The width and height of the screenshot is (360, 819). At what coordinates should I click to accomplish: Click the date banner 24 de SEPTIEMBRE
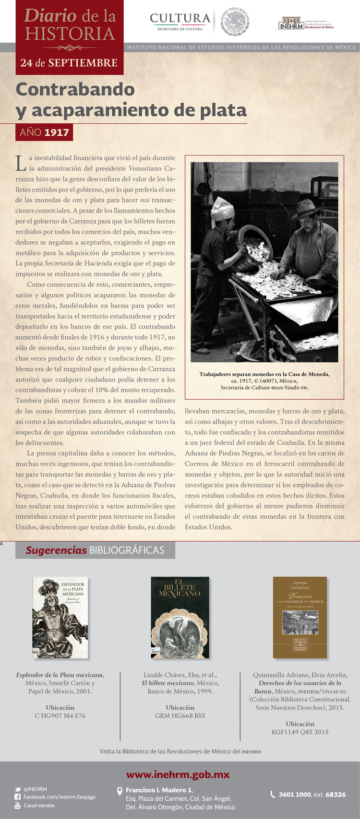[x=69, y=63]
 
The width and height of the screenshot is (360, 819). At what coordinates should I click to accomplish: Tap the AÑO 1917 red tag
[x=44, y=132]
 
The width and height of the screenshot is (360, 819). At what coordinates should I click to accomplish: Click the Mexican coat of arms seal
[x=235, y=21]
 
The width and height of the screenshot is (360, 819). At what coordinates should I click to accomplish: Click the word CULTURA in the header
[x=180, y=19]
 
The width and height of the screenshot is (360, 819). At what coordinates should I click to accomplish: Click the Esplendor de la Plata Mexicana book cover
[x=60, y=617]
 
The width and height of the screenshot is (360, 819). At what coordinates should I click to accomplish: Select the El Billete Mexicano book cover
[x=180, y=617]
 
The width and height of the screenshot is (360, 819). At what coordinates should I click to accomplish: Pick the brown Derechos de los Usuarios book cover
[x=300, y=617]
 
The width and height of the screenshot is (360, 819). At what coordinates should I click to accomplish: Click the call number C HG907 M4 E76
[x=60, y=715]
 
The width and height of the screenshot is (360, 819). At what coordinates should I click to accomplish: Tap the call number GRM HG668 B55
[x=180, y=715]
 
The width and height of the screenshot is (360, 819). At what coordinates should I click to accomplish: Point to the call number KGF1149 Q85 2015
[x=300, y=732]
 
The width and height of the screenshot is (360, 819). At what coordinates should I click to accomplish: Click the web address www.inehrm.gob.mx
[x=178, y=774]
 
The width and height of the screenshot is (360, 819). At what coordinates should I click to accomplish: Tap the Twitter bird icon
[x=17, y=789]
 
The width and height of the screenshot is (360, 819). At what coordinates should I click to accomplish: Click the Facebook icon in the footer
[x=17, y=797]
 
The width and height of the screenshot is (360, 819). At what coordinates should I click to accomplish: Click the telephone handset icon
[x=273, y=794]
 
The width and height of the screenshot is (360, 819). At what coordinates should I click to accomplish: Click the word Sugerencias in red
[x=56, y=550]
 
